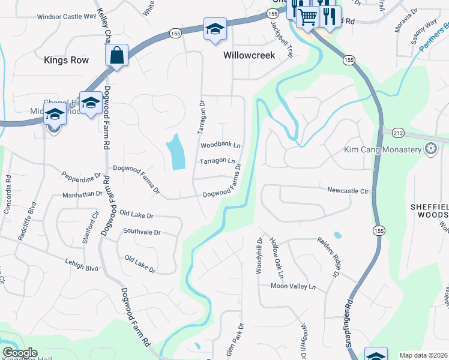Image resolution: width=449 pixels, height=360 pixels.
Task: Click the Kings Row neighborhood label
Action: click(66, 60)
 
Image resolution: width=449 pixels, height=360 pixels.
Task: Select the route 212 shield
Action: click(398, 132)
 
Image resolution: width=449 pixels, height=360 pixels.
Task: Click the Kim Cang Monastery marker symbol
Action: click(430, 149)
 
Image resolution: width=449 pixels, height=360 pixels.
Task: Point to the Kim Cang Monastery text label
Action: click(383, 149)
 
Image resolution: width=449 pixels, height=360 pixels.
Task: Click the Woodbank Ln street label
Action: click(220, 145)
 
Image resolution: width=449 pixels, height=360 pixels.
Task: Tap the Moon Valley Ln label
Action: click(292, 287)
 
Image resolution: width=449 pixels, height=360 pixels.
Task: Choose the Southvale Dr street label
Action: click(142, 232)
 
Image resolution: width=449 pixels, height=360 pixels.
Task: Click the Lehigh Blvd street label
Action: click(81, 265)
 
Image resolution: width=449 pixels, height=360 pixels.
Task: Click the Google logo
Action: click(20, 353)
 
